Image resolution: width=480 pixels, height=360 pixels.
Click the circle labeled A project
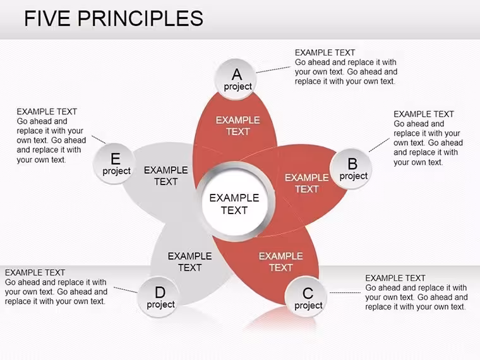coord(236,79)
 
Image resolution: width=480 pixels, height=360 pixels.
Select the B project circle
coord(351,169)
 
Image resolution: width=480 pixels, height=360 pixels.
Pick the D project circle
coord(159,297)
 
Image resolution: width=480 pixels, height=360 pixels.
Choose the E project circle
coord(114,164)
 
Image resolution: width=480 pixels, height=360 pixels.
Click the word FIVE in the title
coord(47,18)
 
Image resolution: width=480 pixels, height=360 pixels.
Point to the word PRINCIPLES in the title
coord(140,18)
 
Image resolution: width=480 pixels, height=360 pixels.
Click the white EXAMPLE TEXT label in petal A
coord(238,126)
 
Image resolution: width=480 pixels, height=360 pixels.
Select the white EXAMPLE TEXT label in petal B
coord(307,183)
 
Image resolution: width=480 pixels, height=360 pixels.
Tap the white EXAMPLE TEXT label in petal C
coord(280,261)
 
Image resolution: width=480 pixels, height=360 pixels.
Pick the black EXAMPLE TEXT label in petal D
coord(190,261)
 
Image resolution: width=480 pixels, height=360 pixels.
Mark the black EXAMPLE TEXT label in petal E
coord(166,176)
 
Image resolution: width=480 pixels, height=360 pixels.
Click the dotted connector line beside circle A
coord(273,69)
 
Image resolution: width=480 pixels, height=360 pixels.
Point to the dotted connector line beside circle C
coord(345,292)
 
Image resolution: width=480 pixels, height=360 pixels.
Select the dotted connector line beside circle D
coord(126,290)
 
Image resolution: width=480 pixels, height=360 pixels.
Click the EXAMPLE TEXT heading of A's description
coord(325,52)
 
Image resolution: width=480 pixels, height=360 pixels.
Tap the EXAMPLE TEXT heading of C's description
coord(395,278)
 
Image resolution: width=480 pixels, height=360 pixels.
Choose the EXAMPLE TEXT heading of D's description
coord(35,272)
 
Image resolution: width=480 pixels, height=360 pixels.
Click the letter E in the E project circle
coord(115,159)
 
